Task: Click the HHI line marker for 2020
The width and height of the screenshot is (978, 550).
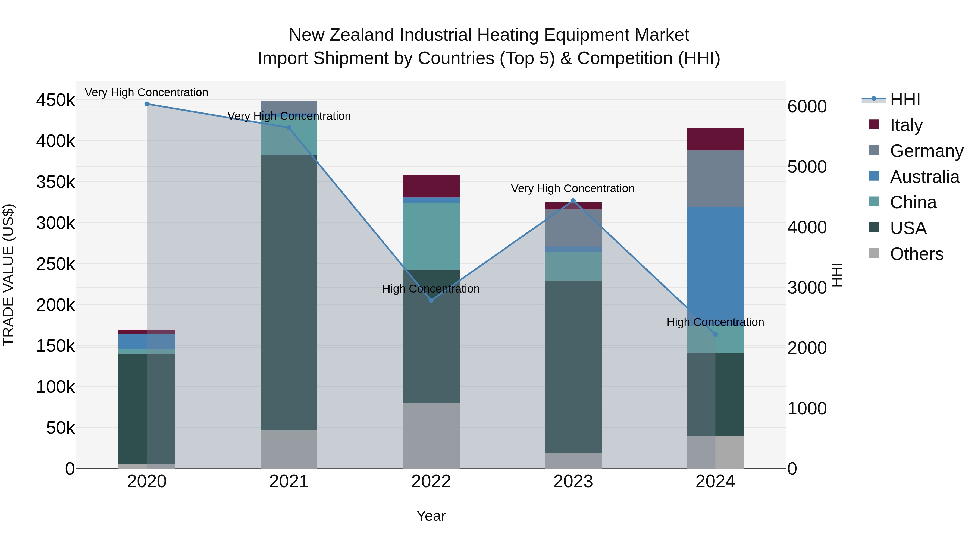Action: point(147,104)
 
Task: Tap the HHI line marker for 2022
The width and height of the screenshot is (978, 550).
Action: point(431,300)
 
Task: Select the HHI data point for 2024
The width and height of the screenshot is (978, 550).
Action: point(715,334)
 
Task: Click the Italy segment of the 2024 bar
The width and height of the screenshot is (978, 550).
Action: point(715,139)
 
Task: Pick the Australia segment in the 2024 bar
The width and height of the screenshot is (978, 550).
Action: point(715,262)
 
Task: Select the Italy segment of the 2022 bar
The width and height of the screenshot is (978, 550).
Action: point(431,186)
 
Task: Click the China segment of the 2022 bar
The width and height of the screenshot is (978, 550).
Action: point(431,236)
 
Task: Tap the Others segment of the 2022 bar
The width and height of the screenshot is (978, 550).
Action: point(431,435)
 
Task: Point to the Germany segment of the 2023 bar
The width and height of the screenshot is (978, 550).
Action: point(573,228)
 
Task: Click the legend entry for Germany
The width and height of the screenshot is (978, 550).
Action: point(926,151)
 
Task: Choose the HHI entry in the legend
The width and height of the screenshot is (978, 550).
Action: point(905,99)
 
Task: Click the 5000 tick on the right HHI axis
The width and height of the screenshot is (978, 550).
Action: point(807,167)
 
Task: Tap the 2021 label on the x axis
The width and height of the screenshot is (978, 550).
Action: point(289,481)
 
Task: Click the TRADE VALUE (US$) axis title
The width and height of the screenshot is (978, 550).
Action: point(8,275)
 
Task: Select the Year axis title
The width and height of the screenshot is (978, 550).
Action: point(431,516)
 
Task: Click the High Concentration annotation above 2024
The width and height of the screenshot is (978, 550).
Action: point(715,322)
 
